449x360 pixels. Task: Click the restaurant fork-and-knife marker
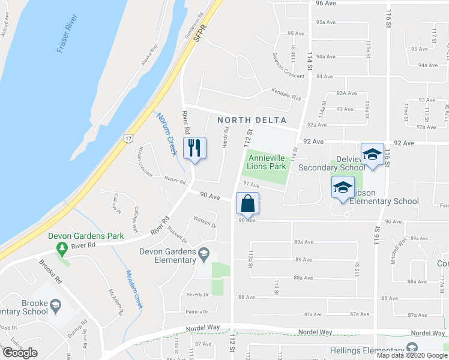pyautogui.click(x=194, y=148)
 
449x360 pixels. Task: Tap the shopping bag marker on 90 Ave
pyautogui.click(x=247, y=203)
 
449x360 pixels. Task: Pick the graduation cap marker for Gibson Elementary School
pyautogui.click(x=343, y=187)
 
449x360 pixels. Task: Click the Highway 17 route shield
pyautogui.click(x=128, y=139)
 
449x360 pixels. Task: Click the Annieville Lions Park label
pyautogui.click(x=266, y=158)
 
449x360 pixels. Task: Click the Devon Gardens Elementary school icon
pyautogui.click(x=203, y=253)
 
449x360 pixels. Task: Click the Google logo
pyautogui.click(x=20, y=353)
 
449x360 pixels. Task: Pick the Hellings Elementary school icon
pyautogui.click(x=411, y=347)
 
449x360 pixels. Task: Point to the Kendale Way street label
pyautogui.click(x=285, y=96)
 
